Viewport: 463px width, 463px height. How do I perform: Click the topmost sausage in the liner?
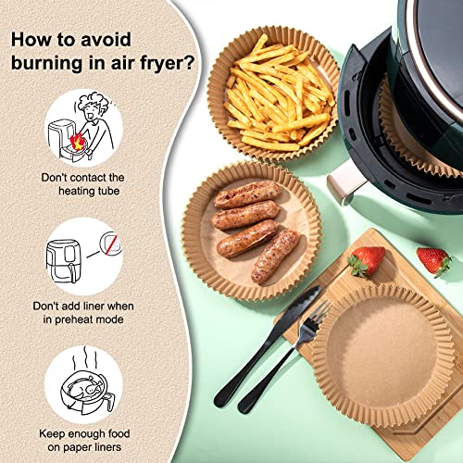[x=247, y=194]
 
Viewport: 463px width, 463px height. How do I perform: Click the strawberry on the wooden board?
[x=367, y=260]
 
